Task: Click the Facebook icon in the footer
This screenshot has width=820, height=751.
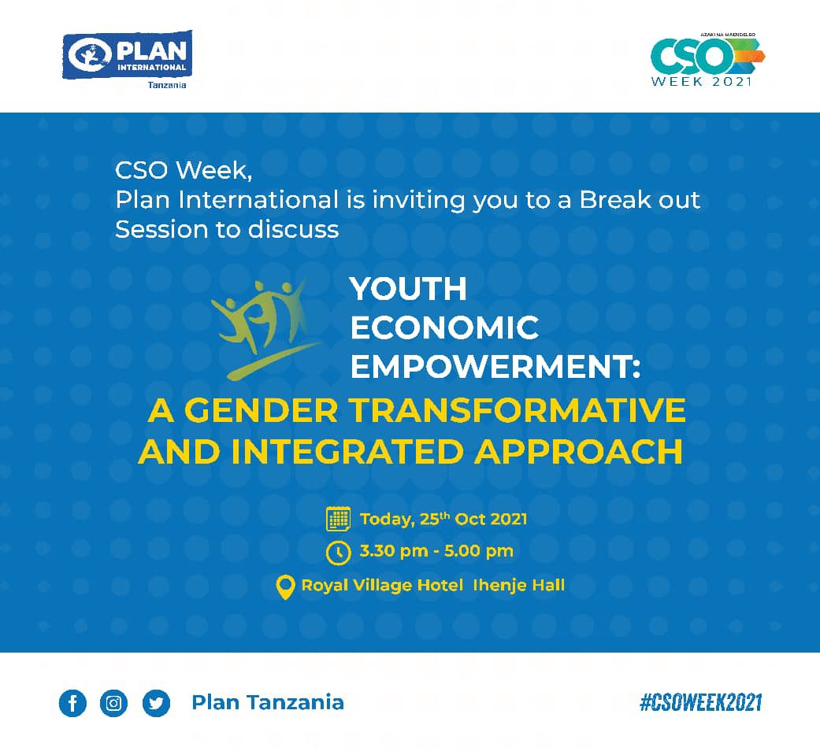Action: pyautogui.click(x=72, y=703)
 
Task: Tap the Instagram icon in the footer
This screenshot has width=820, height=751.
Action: pyautogui.click(x=114, y=703)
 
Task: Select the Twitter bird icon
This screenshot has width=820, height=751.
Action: pyautogui.click(x=156, y=703)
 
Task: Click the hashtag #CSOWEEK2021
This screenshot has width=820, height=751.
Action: pyautogui.click(x=700, y=702)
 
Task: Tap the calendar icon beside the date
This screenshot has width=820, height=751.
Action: pyautogui.click(x=338, y=519)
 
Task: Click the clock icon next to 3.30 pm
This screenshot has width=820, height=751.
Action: pyautogui.click(x=338, y=552)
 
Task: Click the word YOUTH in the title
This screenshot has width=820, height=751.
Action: pyautogui.click(x=408, y=290)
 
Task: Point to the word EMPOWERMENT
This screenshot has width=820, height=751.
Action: pyautogui.click(x=495, y=366)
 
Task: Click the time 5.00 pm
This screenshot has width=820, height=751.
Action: pyautogui.click(x=479, y=551)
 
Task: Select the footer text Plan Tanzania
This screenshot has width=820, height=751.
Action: pyautogui.click(x=267, y=702)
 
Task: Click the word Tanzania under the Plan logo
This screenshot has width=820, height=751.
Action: pyautogui.click(x=167, y=85)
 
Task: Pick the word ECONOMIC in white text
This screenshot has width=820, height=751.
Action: pyautogui.click(x=444, y=327)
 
